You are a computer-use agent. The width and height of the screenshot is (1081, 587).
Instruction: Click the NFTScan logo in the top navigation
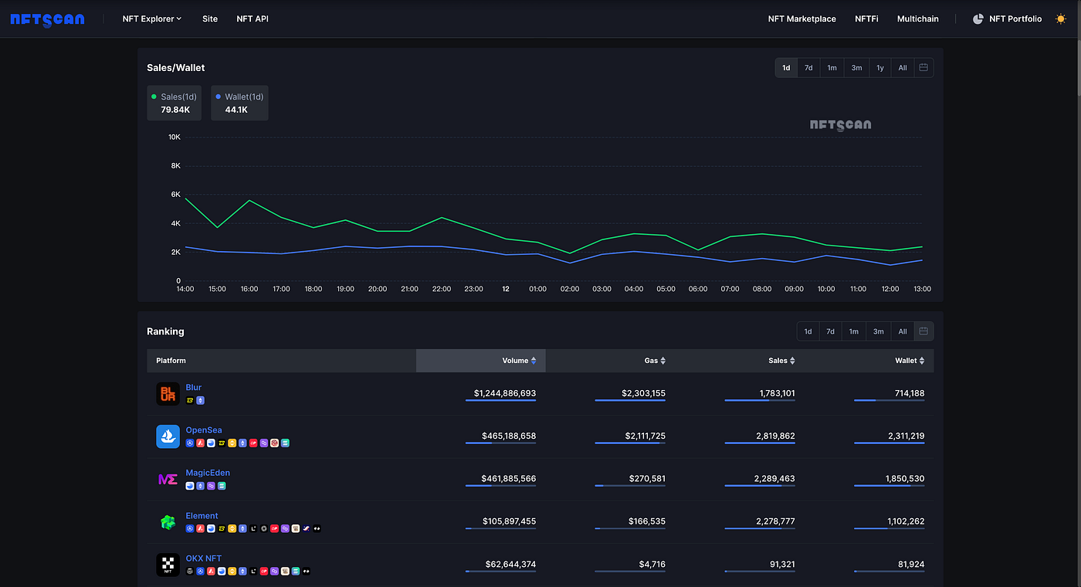(47, 19)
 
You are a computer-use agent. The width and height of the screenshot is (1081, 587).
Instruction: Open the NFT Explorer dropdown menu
(152, 19)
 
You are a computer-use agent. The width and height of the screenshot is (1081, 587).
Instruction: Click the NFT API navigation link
(252, 19)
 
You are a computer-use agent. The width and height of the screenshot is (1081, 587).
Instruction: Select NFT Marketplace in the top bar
(801, 19)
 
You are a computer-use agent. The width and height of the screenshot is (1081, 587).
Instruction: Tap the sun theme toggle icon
(1060, 19)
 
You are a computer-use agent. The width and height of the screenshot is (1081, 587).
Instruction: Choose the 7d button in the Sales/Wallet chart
(808, 68)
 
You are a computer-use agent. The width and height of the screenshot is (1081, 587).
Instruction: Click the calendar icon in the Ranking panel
(923, 331)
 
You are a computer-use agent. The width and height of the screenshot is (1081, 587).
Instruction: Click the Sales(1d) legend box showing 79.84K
(174, 103)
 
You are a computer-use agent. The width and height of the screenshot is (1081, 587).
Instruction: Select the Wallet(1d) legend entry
(240, 103)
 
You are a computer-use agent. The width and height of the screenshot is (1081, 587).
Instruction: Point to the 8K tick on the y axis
(175, 165)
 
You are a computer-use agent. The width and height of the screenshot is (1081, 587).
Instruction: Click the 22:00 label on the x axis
(442, 289)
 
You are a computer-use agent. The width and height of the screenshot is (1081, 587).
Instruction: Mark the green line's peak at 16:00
(249, 200)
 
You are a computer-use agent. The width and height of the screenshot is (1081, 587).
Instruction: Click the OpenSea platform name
(204, 430)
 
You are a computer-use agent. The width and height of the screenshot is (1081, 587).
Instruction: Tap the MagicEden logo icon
(168, 479)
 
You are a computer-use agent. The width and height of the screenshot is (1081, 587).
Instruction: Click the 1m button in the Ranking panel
(854, 331)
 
